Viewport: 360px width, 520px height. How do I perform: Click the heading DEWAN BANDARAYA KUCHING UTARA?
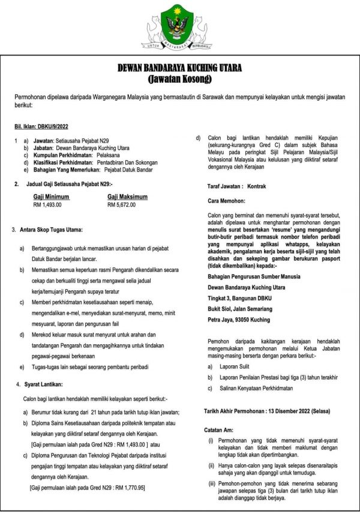point(179,70)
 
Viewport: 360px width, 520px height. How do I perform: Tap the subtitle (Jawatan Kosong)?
point(179,79)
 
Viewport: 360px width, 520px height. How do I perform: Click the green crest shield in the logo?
point(179,23)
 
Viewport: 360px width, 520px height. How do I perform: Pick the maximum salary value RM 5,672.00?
point(121,205)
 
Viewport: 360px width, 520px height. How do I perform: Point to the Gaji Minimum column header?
point(51,196)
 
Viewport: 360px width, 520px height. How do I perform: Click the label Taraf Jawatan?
point(226,187)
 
